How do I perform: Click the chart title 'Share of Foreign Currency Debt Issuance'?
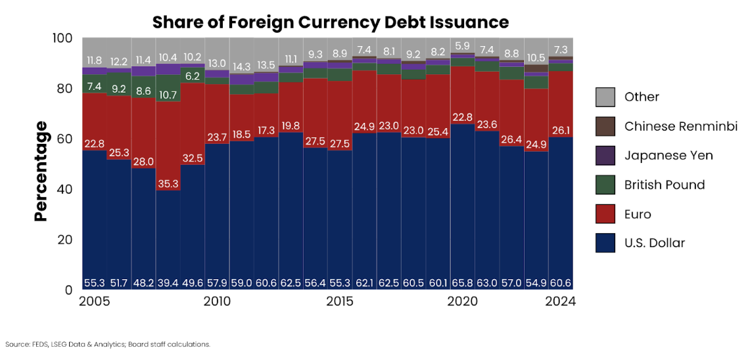pos(331,22)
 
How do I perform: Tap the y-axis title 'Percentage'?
pos(41,171)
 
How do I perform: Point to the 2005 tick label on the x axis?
pos(94,302)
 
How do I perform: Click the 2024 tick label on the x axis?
pos(560,302)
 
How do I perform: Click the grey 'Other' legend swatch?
pos(605,97)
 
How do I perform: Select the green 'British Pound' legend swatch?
pos(605,185)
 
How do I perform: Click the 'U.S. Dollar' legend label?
pos(655,243)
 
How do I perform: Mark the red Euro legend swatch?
pos(605,214)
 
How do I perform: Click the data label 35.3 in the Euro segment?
pos(168,184)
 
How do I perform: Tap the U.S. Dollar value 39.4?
pos(168,283)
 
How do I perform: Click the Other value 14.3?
pos(241,66)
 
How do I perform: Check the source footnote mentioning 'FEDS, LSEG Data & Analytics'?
pos(107,344)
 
